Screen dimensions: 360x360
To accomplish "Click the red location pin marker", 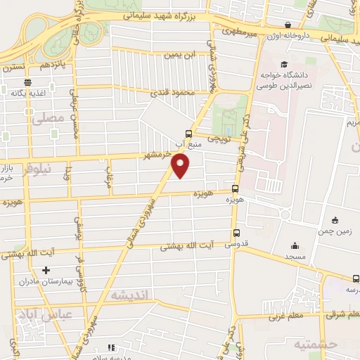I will pyautogui.click(x=181, y=166).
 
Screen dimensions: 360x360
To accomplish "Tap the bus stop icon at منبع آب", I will pyautogui.click(x=188, y=134).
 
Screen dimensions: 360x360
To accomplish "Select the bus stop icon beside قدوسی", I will pyautogui.click(x=236, y=234).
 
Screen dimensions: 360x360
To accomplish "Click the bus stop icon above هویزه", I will pyautogui.click(x=236, y=189).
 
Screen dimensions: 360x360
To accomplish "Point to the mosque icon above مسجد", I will pyautogui.click(x=294, y=245).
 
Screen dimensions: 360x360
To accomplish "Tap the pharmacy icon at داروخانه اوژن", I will pyautogui.click(x=288, y=25).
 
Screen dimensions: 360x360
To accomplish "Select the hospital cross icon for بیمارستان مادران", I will pyautogui.click(x=46, y=269).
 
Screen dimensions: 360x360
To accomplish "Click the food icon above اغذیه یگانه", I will pyautogui.click(x=22, y=91).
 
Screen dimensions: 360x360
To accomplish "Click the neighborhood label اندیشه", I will pyautogui.click(x=128, y=295).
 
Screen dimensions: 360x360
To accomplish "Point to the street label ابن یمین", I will pyautogui.click(x=178, y=54).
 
